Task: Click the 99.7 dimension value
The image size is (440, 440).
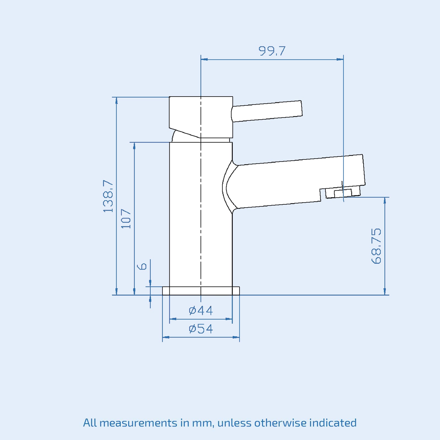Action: (272, 51)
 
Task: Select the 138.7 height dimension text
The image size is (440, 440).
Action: (108, 196)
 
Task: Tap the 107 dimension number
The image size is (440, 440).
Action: (126, 219)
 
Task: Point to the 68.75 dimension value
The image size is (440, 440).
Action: (376, 246)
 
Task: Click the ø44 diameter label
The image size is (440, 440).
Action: (201, 311)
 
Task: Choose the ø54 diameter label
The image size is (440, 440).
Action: (201, 329)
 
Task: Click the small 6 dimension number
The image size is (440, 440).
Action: (142, 266)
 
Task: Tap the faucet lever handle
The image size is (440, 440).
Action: (267, 111)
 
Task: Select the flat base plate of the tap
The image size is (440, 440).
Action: (201, 291)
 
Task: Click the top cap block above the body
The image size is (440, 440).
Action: (201, 116)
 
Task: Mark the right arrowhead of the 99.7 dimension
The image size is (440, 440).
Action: (340, 59)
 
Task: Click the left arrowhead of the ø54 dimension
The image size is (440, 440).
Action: (166, 337)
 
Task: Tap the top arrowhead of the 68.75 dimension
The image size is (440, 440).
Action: (384, 200)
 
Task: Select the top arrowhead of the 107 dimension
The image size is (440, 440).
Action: (134, 146)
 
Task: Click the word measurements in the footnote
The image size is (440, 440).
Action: (138, 423)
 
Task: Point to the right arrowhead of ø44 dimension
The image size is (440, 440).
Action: (229, 319)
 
